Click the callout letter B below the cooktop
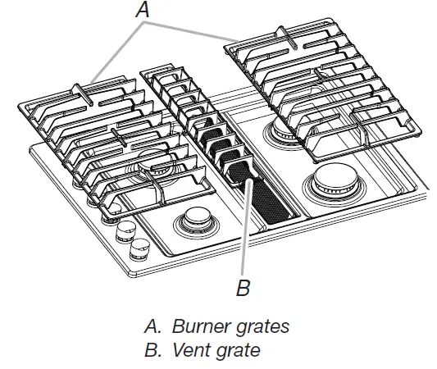tap(244, 289)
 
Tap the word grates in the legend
tap(261, 326)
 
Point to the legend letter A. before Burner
tap(152, 326)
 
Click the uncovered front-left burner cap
tap(196, 217)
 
